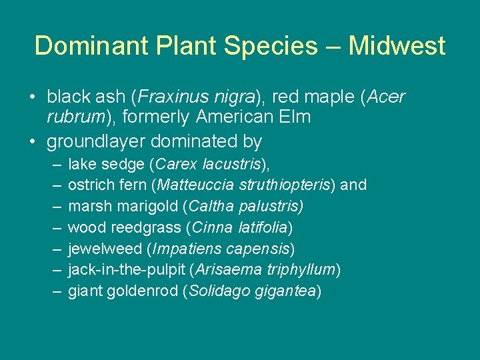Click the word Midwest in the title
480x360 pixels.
[x=397, y=46]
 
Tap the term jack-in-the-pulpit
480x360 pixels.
[x=126, y=270]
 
